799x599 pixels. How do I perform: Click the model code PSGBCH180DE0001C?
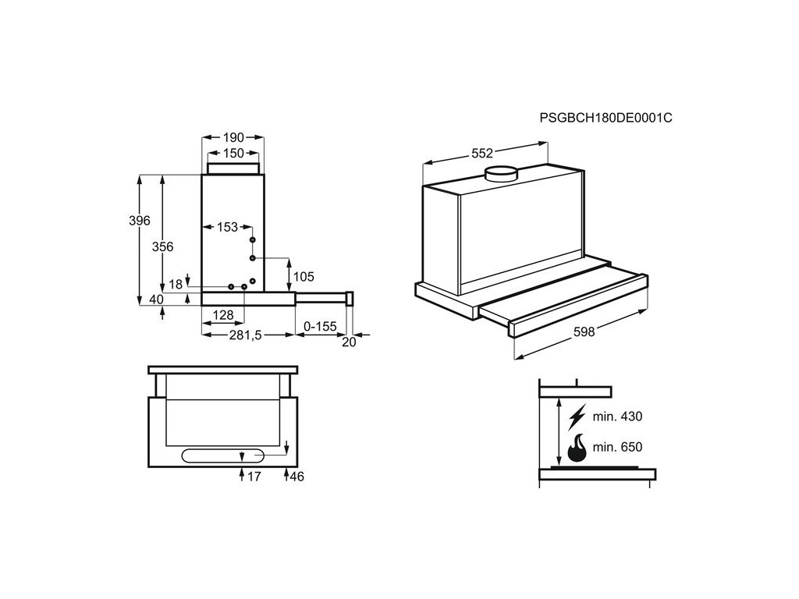[605, 118]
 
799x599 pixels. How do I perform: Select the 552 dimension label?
[482, 154]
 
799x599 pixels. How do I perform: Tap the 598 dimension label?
[584, 331]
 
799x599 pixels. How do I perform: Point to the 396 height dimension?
[139, 221]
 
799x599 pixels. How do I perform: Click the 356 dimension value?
[162, 246]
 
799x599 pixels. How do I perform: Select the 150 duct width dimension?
[234, 153]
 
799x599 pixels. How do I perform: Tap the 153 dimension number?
[227, 227]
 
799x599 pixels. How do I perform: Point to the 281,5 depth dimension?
[245, 335]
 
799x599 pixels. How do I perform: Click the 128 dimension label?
[224, 315]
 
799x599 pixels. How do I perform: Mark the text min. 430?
[617, 417]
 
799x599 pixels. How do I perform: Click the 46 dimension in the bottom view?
[297, 477]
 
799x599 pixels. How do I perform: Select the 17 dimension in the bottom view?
[254, 477]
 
